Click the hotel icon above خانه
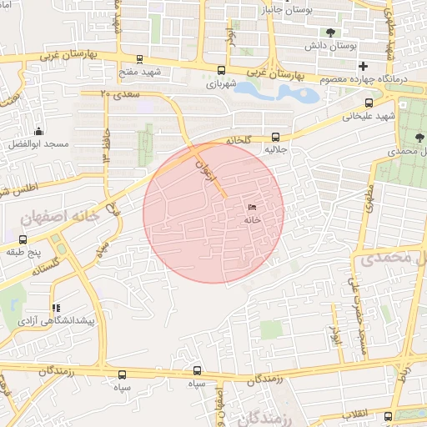(x=252, y=206)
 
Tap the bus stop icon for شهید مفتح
(x=138, y=59)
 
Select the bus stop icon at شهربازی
(x=220, y=71)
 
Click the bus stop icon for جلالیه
(x=276, y=137)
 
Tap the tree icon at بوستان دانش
(x=333, y=33)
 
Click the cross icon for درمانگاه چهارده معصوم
(x=362, y=66)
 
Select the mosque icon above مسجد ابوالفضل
(x=38, y=131)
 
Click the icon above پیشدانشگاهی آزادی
(x=56, y=308)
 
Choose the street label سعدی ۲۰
(x=116, y=94)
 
